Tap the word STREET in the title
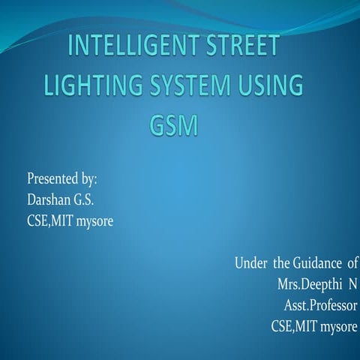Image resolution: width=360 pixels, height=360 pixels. point(238,47)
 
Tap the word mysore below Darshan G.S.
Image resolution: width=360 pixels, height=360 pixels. point(96,221)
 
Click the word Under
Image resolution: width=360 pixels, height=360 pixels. point(250,263)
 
